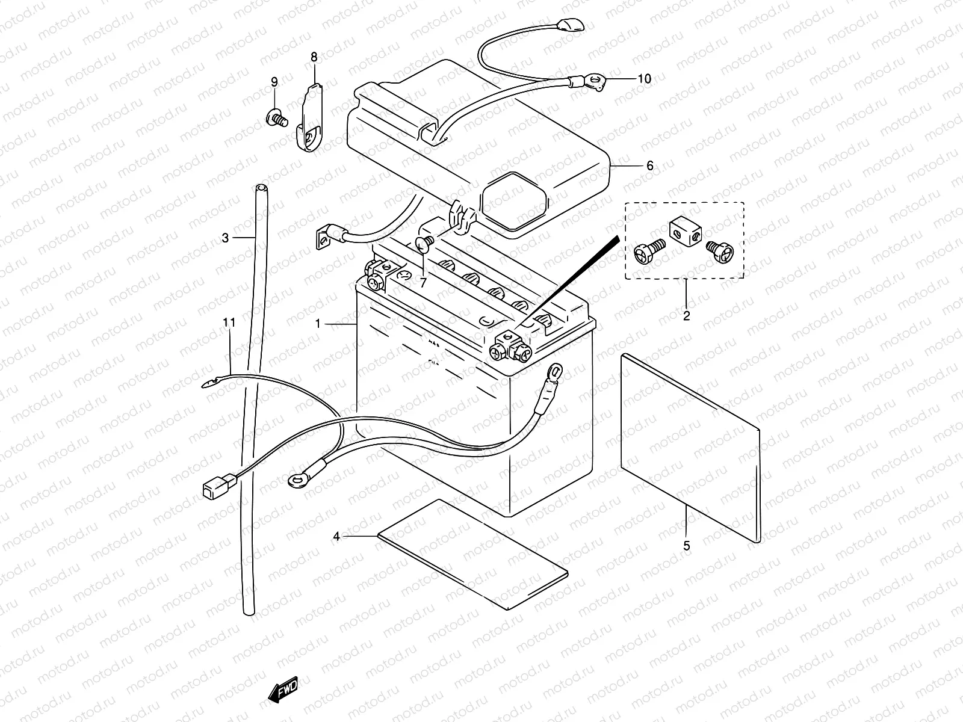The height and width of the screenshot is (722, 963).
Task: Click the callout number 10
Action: (x=644, y=79)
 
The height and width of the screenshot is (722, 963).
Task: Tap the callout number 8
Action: (x=314, y=57)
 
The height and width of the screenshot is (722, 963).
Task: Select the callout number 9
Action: (x=274, y=82)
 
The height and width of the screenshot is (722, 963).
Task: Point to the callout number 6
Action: (x=650, y=165)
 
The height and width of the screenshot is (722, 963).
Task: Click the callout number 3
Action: (x=225, y=238)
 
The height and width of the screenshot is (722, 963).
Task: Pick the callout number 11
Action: (x=229, y=322)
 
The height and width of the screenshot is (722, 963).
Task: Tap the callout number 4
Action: (x=336, y=536)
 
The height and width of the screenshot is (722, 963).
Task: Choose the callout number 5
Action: (x=687, y=546)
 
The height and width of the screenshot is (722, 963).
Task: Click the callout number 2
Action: (x=687, y=316)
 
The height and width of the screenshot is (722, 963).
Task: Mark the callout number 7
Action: (x=423, y=283)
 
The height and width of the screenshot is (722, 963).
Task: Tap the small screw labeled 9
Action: (x=277, y=117)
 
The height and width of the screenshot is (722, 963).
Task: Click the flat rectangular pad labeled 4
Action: (x=473, y=554)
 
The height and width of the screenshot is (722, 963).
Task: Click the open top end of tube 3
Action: (x=261, y=188)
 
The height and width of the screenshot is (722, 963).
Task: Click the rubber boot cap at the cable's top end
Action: (x=571, y=25)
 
